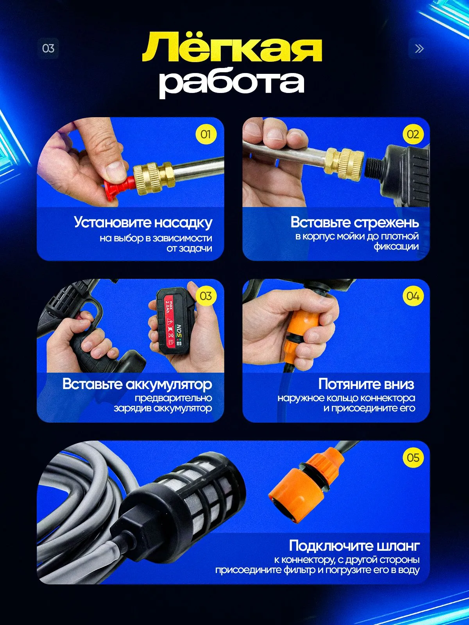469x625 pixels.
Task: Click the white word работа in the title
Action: click(231, 83)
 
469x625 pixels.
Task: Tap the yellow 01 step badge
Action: click(206, 134)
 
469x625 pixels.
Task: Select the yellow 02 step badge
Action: click(413, 134)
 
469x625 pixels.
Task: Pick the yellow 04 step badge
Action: click(413, 296)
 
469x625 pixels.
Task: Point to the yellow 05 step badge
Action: click(413, 458)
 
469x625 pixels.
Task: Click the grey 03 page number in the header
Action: click(48, 48)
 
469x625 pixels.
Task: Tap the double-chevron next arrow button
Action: click(419, 48)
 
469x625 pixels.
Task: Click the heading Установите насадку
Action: click(143, 222)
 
